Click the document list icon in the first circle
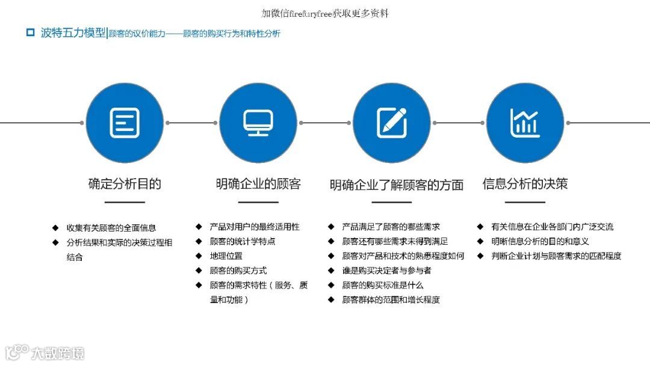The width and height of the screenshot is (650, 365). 125,123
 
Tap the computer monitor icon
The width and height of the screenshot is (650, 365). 258,123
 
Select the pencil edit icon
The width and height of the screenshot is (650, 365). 392,123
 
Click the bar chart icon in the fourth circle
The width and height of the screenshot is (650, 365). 525,123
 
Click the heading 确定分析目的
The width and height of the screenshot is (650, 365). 125,183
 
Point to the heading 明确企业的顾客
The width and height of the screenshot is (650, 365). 258,183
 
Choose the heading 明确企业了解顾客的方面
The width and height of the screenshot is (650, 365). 397,185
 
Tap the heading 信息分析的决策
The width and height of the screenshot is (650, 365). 525,183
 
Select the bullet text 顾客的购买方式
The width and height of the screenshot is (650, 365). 238,270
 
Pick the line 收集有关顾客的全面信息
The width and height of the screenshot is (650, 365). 111,228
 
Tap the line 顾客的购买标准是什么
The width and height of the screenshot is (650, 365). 383,284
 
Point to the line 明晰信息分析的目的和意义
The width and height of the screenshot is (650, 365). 540,241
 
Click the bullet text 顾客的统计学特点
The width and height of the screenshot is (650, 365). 243,241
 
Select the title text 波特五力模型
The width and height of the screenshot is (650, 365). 73,32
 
